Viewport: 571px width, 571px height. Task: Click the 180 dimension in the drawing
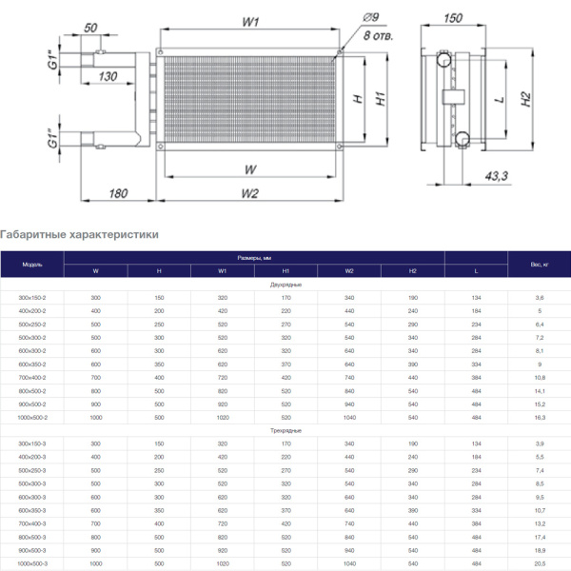117,194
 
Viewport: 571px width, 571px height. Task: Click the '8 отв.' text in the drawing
378,35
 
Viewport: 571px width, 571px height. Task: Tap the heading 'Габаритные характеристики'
79,234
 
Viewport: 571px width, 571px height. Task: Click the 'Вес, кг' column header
539,264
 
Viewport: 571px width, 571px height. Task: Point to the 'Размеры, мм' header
254,258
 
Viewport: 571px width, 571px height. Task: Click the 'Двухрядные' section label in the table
285,285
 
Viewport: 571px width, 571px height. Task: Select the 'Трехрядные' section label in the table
285,431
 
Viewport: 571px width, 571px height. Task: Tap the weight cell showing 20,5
539,564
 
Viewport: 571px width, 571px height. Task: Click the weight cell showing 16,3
539,418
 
